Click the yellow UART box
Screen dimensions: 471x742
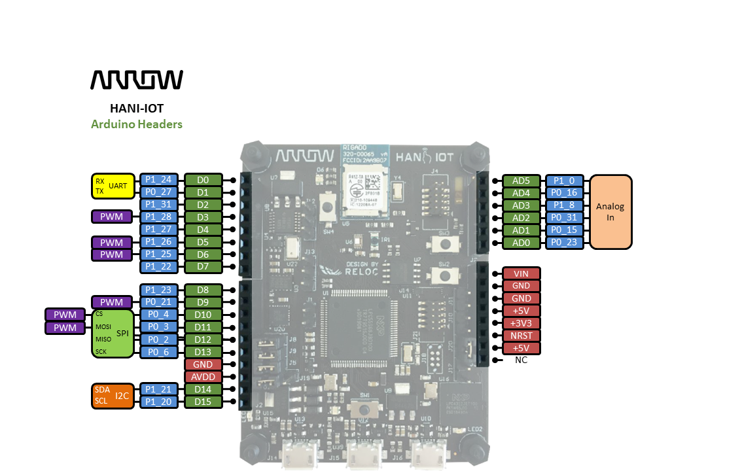point(113,186)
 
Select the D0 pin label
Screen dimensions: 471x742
point(203,180)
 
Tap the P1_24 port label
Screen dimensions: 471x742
point(158,180)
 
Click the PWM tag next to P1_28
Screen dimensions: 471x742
point(111,217)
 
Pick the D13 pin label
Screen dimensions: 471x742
point(203,352)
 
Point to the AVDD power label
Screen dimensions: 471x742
point(203,377)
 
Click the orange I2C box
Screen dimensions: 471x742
point(113,396)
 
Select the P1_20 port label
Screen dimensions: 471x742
point(158,402)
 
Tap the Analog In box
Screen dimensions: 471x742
point(610,211)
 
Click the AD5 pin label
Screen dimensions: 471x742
point(521,181)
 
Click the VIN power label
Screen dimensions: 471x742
point(521,273)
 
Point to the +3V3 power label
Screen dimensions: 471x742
point(521,323)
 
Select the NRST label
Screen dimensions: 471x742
point(521,336)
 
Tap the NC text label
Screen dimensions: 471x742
point(521,360)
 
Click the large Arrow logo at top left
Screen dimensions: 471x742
point(136,79)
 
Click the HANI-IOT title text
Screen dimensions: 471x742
point(136,109)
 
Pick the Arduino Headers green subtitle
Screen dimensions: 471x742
point(136,124)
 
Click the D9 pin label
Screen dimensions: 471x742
point(203,302)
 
